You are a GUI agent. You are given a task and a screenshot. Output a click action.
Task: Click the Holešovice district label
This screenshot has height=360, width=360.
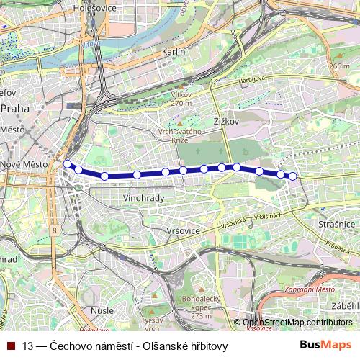(x=94, y=9)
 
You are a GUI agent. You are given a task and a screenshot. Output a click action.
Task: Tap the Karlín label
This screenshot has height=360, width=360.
(x=174, y=53)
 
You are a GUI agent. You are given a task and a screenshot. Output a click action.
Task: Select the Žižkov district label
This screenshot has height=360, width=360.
(x=226, y=122)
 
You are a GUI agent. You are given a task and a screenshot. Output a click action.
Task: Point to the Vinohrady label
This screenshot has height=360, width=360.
(x=144, y=197)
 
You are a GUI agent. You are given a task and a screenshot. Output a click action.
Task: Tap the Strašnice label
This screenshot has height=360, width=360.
(x=336, y=225)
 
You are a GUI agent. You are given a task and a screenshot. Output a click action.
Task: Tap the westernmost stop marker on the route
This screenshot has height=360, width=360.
(x=68, y=164)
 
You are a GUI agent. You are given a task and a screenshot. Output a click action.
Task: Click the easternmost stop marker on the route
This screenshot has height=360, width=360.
(x=292, y=176)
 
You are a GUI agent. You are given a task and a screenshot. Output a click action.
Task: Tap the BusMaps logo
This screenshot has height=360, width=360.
(x=325, y=346)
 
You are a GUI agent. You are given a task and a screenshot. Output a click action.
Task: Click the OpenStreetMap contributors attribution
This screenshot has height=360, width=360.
(x=301, y=323)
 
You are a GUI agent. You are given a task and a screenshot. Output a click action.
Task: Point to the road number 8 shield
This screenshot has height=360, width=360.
(x=54, y=230)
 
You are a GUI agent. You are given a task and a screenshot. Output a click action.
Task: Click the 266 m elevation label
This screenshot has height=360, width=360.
(x=339, y=66)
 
